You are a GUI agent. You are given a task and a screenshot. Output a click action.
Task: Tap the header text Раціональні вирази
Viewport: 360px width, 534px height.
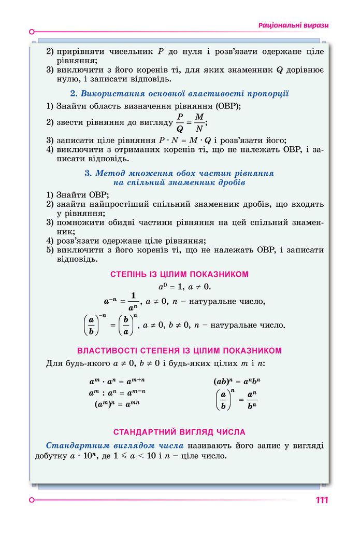(293, 25)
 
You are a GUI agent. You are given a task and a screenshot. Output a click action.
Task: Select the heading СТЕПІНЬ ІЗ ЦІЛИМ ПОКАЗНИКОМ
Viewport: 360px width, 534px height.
(180, 274)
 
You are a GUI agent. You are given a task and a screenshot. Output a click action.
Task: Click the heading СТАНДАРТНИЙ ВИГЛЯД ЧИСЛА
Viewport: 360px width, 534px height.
(179, 432)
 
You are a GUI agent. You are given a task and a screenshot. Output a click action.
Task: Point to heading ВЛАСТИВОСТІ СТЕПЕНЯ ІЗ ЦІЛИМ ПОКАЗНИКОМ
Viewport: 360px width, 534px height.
(179, 350)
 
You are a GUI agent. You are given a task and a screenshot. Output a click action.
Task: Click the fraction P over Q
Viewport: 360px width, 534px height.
(180, 123)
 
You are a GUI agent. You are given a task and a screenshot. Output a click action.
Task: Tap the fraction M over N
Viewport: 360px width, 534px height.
(199, 123)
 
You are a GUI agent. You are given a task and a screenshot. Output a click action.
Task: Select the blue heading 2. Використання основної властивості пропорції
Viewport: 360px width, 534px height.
(179, 94)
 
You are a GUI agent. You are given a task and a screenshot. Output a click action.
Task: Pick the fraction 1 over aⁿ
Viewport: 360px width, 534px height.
(133, 301)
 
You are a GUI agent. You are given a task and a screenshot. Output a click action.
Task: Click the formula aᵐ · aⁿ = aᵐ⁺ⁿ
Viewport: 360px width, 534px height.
(117, 381)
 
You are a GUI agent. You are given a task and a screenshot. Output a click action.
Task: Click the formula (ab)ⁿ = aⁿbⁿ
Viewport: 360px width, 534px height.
(235, 381)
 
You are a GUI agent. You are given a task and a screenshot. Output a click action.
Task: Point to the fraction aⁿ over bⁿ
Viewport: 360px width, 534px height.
(252, 400)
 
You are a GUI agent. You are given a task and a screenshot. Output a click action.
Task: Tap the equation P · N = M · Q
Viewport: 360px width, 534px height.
(189, 140)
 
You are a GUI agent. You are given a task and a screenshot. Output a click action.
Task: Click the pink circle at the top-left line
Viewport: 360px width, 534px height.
(32, 31)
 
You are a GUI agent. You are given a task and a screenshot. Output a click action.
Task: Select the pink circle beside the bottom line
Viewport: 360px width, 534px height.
(32, 500)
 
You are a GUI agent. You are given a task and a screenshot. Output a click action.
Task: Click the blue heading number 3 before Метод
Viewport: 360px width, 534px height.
(88, 173)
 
